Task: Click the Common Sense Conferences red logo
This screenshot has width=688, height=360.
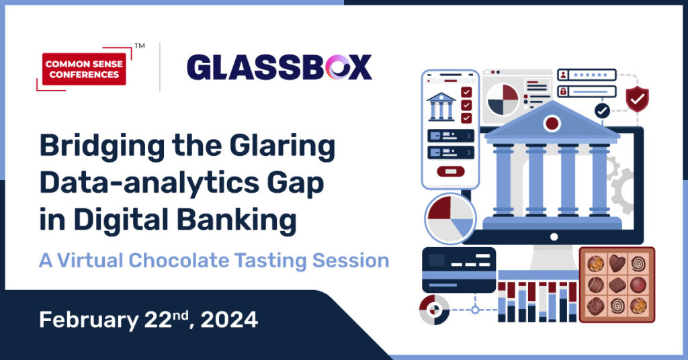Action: point(84,69)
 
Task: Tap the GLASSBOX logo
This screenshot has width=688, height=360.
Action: point(279,68)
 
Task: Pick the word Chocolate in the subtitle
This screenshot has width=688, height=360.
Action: point(179,260)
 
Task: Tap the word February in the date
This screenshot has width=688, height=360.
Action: point(89,320)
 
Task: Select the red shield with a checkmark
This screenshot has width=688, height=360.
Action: point(637,99)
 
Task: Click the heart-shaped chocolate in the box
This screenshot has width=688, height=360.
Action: point(617,263)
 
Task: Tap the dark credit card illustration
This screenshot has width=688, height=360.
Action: point(459,270)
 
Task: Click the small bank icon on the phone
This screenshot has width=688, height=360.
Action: point(441,106)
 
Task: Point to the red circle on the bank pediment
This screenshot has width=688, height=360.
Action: point(552,123)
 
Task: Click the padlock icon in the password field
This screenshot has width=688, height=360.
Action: point(563,91)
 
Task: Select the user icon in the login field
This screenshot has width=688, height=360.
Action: point(563,75)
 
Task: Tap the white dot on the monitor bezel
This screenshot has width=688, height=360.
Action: point(554,237)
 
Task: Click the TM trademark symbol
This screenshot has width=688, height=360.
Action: point(140,46)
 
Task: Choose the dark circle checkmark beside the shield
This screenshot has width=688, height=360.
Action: point(602,111)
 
